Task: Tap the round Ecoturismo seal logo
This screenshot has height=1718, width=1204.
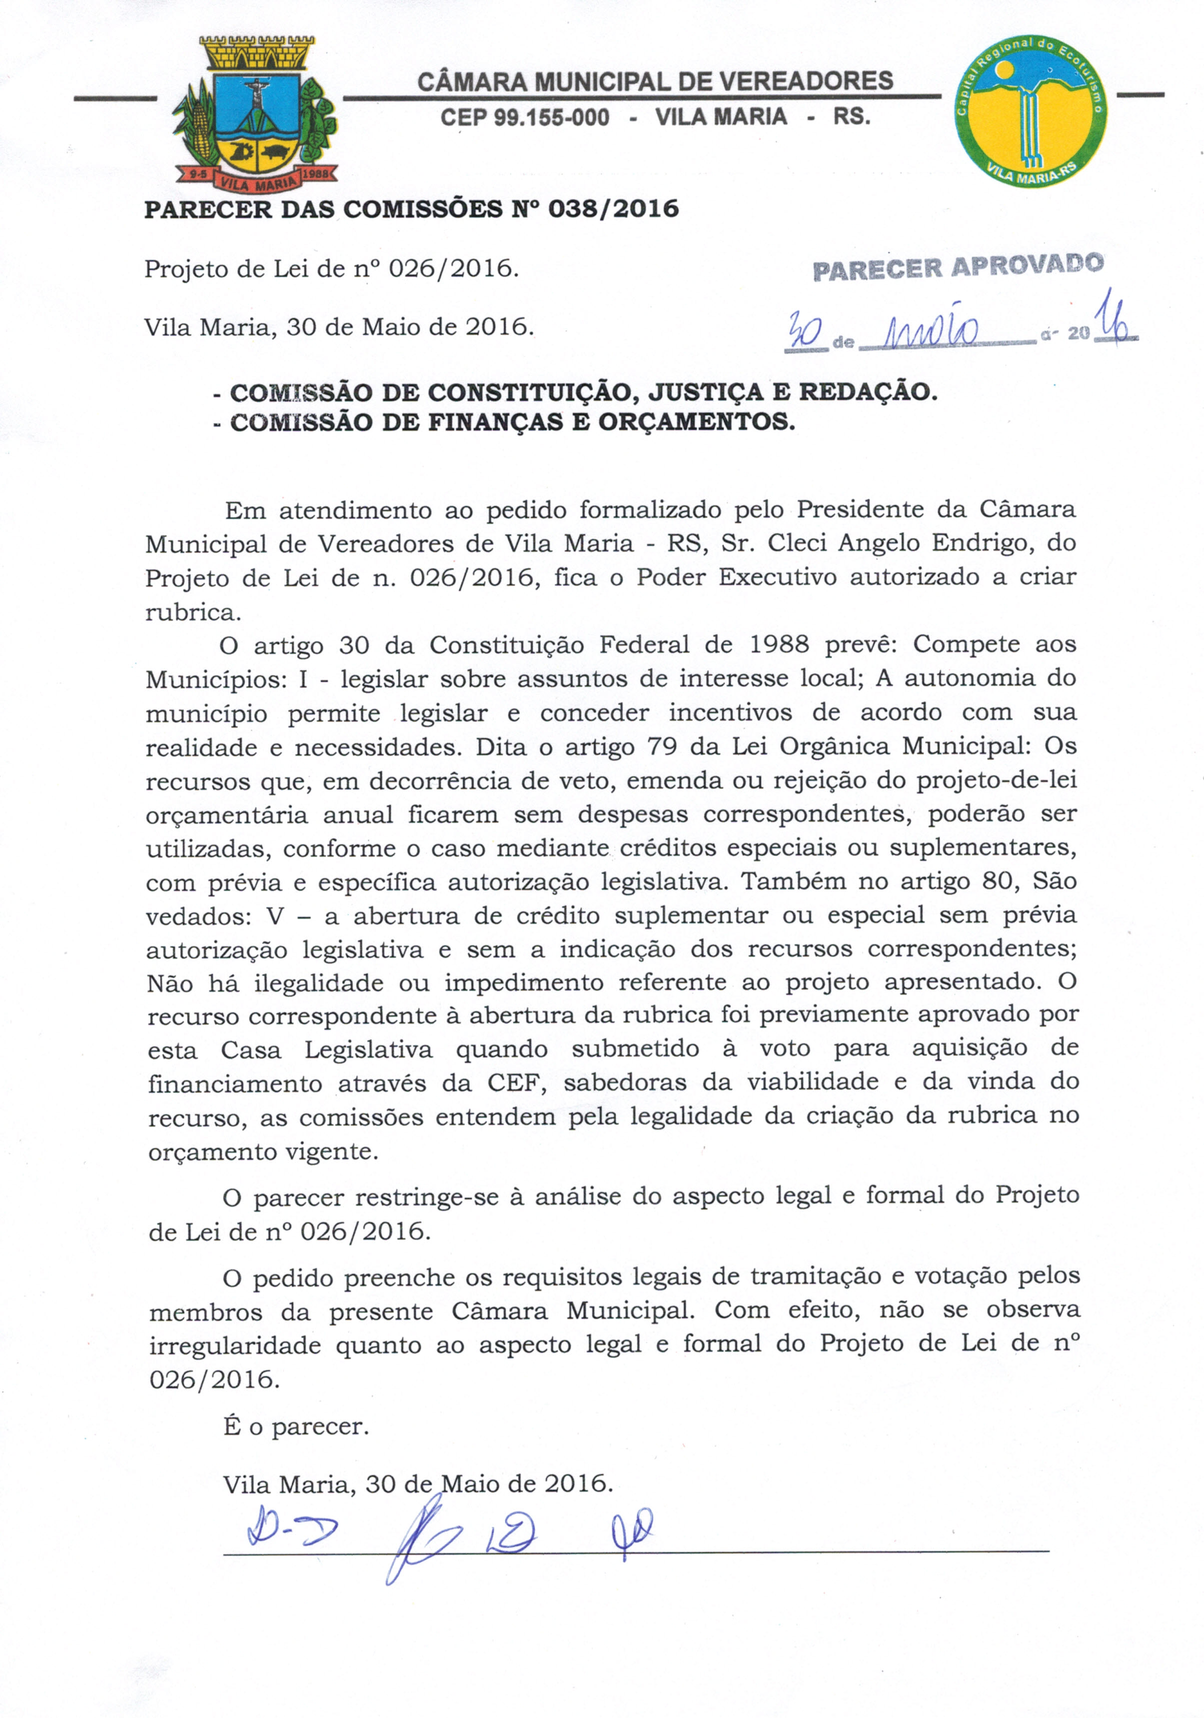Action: (x=1031, y=110)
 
